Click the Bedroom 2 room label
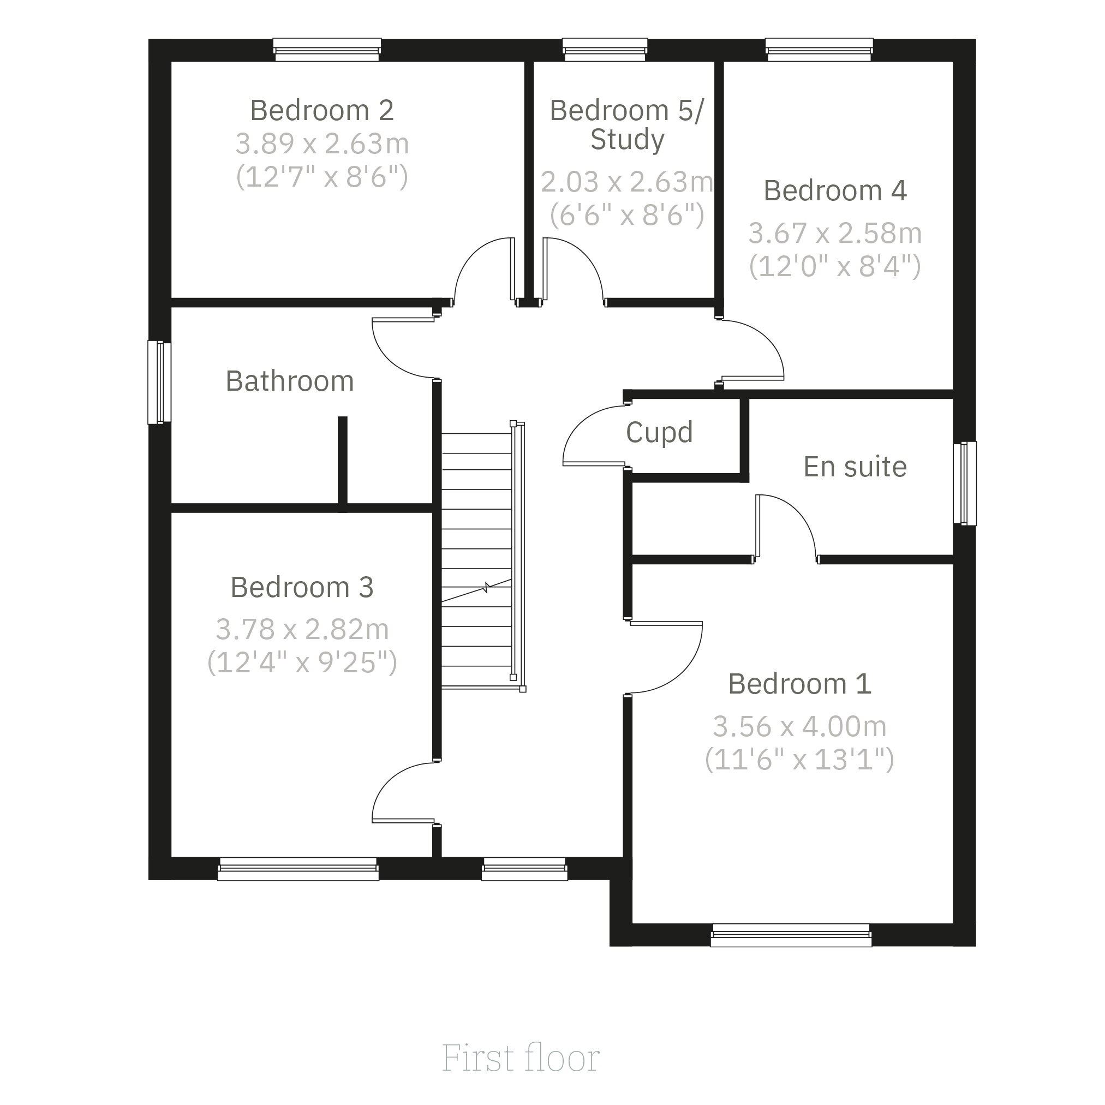click(322, 110)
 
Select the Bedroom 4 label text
click(835, 190)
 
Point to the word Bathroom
click(290, 381)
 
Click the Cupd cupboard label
click(660, 432)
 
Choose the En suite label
click(855, 467)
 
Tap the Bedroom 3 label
click(302, 587)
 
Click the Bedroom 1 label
click(799, 684)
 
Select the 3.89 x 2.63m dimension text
click(322, 144)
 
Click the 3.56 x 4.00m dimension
click(799, 726)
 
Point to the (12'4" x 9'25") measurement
click(302, 662)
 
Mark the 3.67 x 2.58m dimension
click(835, 234)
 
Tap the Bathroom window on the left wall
click(159, 383)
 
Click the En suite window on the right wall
click(965, 483)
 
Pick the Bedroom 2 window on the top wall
click(327, 50)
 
